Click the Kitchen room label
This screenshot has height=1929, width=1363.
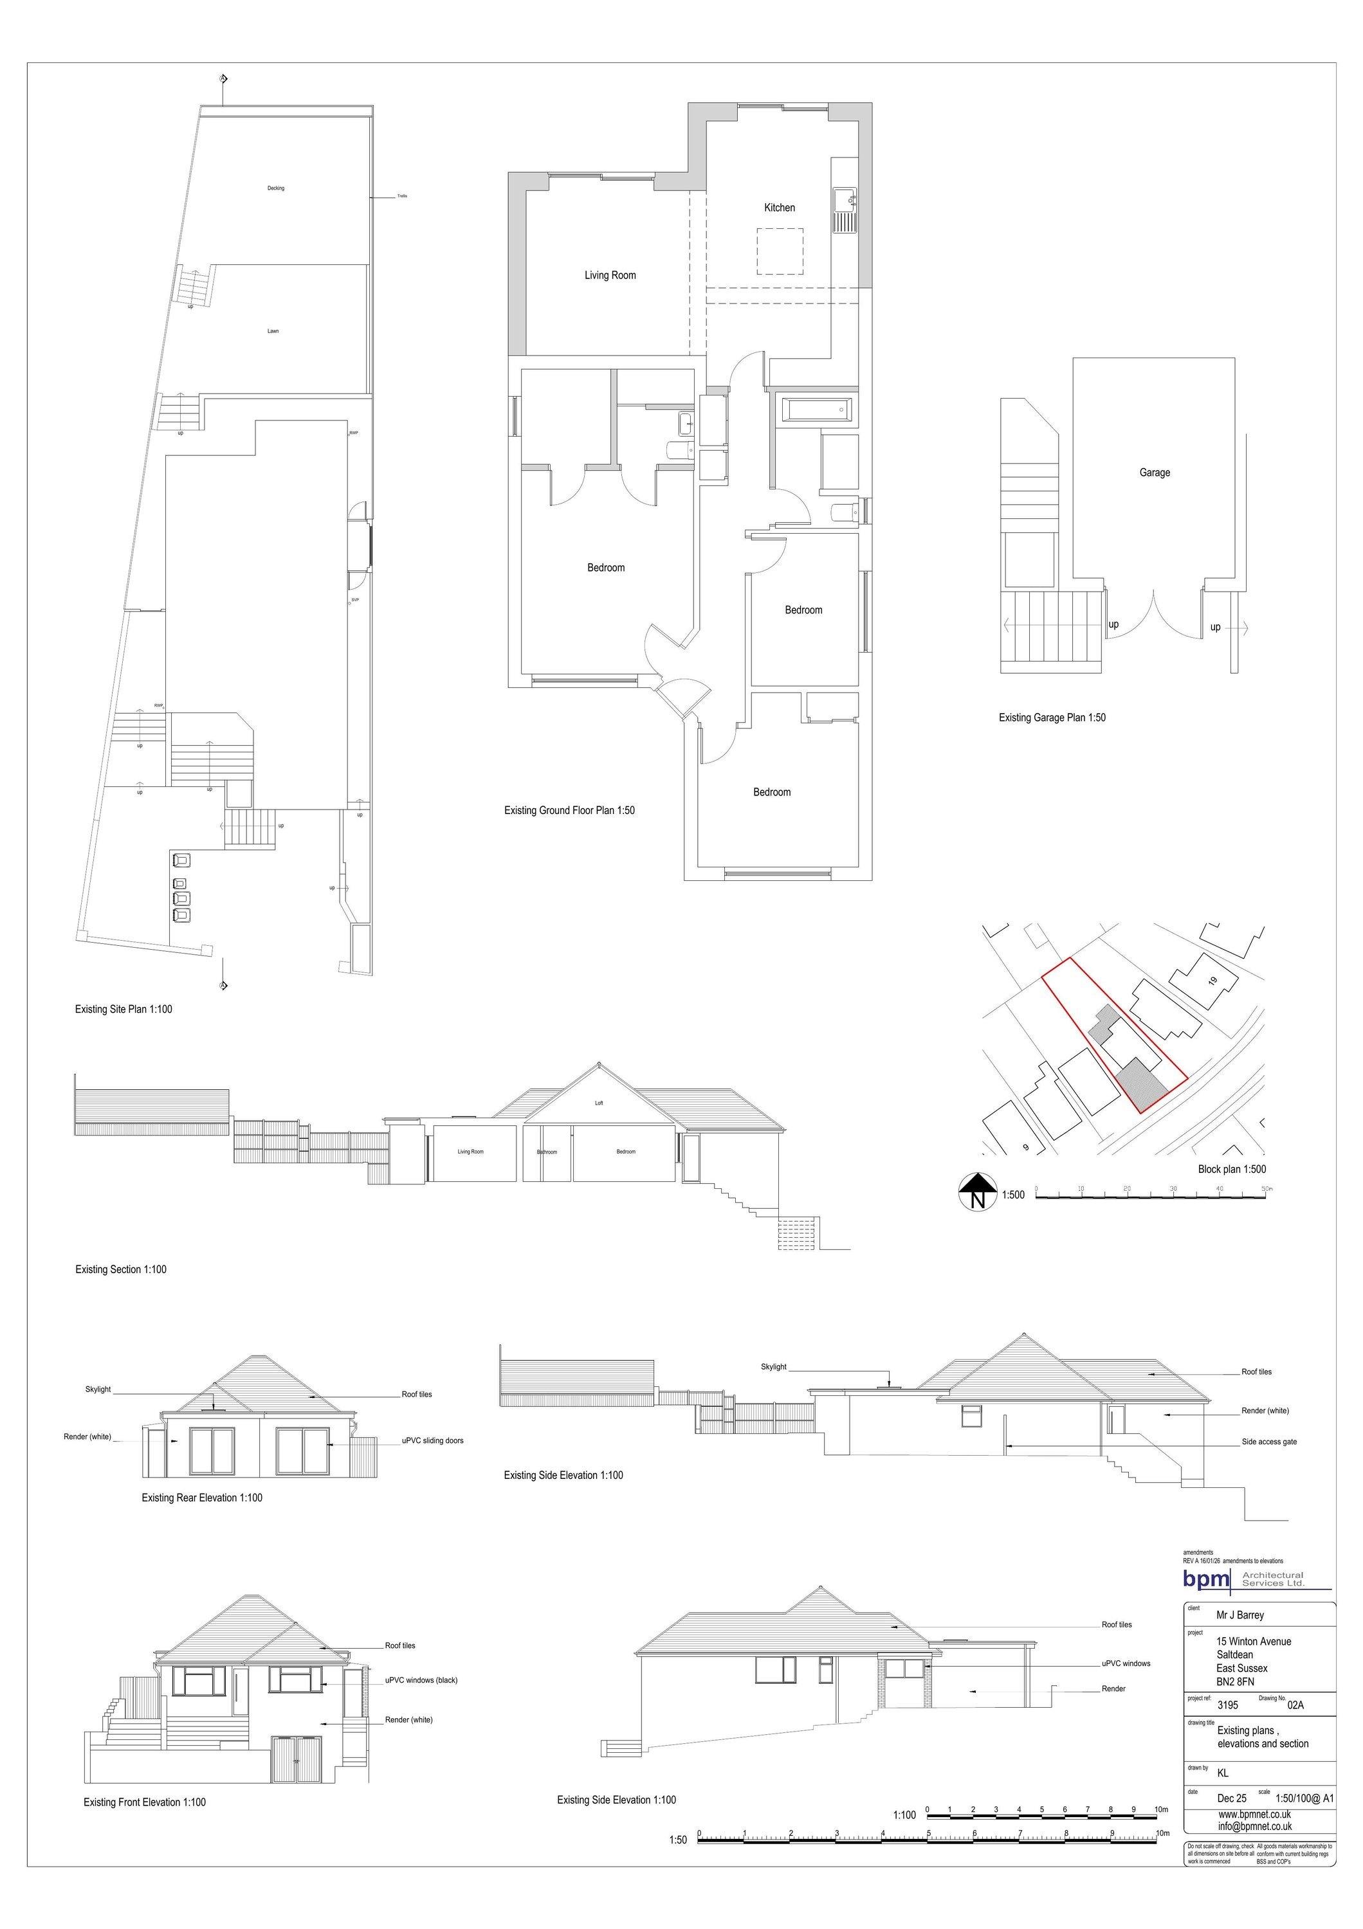779,208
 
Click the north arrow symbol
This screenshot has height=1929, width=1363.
977,1192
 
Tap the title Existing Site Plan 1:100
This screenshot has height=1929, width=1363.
123,1009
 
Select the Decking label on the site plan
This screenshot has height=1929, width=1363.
276,188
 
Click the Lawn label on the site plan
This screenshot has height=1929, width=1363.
273,331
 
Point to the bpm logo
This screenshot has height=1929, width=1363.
1207,1579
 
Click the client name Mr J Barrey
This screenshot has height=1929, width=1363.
1240,1615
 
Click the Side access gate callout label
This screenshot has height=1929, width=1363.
1269,1442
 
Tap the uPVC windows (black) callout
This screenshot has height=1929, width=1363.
421,1680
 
